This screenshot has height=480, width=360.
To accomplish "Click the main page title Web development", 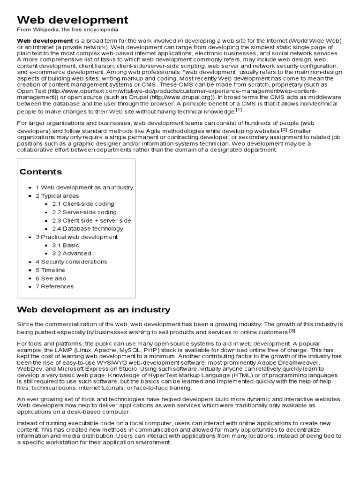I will point(72,20).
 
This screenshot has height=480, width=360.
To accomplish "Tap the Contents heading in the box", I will point(40,172).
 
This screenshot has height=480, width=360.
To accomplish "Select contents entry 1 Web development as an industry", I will point(84,187).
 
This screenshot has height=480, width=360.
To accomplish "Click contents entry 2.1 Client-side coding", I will point(83,204).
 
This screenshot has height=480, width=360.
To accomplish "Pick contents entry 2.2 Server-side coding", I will point(84,212).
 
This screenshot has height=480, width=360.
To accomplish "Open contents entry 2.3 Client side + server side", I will point(91,221).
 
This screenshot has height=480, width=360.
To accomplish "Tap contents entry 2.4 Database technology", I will point(88,229).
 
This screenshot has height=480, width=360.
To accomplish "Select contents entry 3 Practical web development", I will point(76,237).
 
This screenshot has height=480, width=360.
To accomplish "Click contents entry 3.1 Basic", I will point(66,245).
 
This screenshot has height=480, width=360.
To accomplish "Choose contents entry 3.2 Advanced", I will point(72,254).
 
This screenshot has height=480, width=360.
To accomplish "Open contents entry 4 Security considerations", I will point(71,262).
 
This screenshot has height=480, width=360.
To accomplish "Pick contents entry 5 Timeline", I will point(51,270).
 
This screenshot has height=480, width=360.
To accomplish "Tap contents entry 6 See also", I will point(51,278).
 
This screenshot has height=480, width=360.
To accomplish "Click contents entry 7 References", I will point(55,287).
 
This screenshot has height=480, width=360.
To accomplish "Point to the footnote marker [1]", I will point(239,111).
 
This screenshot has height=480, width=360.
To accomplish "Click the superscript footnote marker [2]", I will point(284,129).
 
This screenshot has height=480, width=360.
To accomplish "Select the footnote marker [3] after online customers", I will point(292,331).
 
